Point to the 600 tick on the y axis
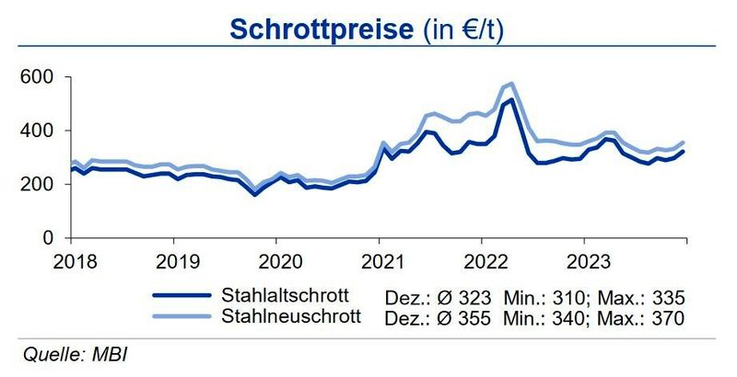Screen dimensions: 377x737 34,76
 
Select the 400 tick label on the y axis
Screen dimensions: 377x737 34,131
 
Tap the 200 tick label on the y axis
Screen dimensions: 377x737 34,184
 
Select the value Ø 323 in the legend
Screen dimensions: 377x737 478,297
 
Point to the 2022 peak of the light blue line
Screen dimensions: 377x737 511,84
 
